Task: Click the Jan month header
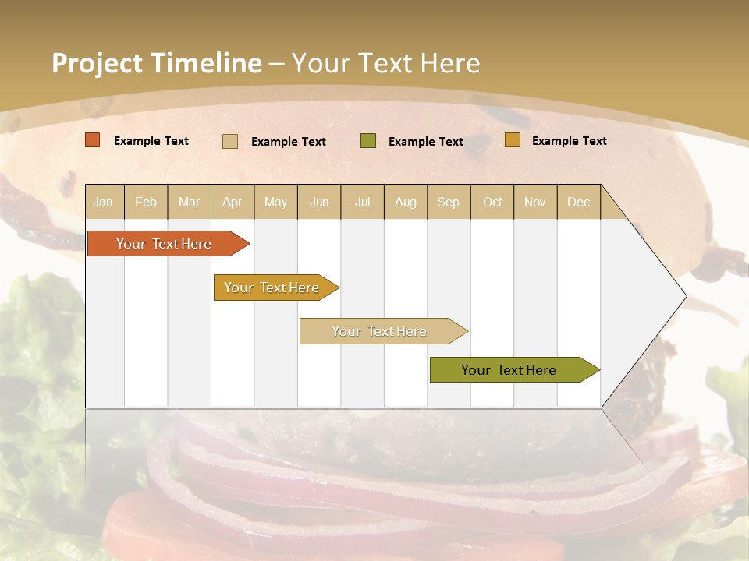[103, 203]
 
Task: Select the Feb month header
[146, 203]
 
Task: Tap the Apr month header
[233, 203]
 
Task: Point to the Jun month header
[319, 203]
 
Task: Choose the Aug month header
[406, 203]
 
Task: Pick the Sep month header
[449, 203]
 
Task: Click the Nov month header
[535, 203]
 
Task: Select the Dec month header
[578, 203]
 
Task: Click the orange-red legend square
[93, 140]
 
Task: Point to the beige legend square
[230, 141]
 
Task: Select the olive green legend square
[368, 141]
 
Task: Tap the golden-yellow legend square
[513, 140]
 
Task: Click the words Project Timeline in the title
[157, 63]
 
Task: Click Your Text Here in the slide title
[386, 63]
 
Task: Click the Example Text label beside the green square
[426, 142]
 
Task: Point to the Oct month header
[492, 203]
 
